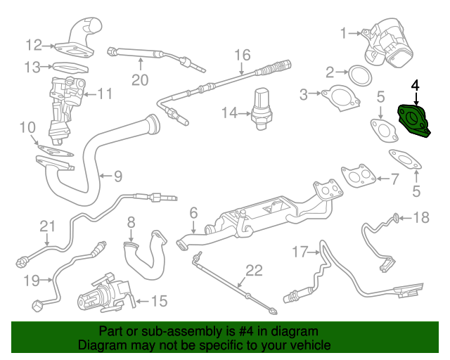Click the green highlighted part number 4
point(413,121)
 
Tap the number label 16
point(242,55)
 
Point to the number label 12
point(34,45)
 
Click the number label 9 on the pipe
point(117,175)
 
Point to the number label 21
point(46,226)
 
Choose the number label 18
point(420,217)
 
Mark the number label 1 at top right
point(345,32)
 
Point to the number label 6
point(193,212)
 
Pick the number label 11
point(105,94)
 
